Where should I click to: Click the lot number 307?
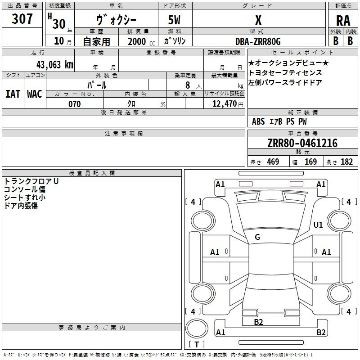coord(22,18)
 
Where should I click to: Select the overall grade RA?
coord(343,21)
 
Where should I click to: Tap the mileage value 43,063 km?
coord(54,65)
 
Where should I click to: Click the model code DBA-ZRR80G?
coord(258,41)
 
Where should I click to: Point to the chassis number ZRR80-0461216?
coord(302,143)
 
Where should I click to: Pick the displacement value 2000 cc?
coord(141,41)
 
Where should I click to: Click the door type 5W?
coord(174,20)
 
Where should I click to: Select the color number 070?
coord(74,104)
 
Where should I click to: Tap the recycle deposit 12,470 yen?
coord(228,104)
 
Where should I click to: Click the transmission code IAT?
coord(13,94)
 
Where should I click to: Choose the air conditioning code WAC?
coord(35,94)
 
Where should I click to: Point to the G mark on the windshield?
coord(257,237)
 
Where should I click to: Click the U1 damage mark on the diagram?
coord(318,225)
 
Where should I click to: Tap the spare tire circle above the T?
coord(197,328)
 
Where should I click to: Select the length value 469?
coord(273,162)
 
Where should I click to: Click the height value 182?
coord(346,162)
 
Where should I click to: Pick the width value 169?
coord(310,162)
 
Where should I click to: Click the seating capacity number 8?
coord(188,85)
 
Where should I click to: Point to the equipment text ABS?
coord(258,121)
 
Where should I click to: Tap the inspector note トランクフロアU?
coord(31,181)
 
